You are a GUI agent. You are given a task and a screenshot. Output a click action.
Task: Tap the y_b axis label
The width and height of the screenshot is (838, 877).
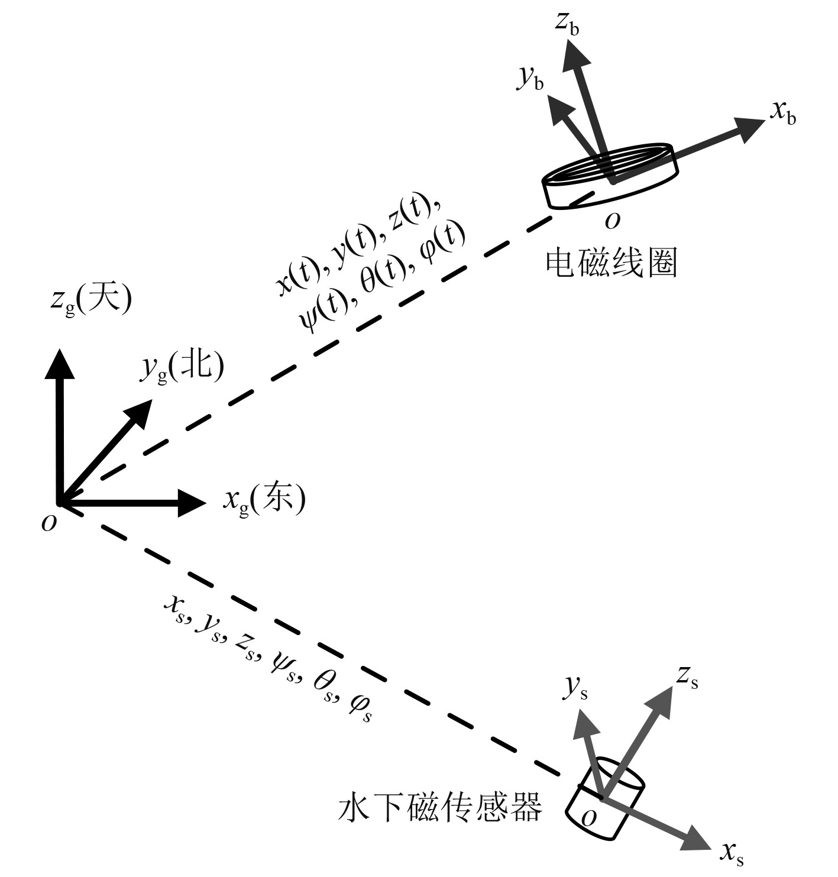tap(530, 79)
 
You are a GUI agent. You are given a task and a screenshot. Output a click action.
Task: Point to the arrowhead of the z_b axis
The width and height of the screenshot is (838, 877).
tap(575, 58)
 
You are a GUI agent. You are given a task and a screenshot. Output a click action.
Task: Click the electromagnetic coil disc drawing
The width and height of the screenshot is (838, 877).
tap(610, 175)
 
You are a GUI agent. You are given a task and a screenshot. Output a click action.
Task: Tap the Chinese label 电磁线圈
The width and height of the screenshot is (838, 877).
tap(611, 263)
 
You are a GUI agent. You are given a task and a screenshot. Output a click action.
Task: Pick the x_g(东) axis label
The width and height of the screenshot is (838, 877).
tap(264, 500)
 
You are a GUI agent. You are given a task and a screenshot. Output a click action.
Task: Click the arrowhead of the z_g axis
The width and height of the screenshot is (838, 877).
tap(60, 363)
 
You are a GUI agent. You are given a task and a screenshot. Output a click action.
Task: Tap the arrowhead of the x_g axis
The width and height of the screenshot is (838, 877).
tap(192, 503)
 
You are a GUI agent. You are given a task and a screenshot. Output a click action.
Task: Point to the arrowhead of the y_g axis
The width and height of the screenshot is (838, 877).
tap(141, 412)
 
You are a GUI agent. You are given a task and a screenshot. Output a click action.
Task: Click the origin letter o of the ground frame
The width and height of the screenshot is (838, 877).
tap(50, 523)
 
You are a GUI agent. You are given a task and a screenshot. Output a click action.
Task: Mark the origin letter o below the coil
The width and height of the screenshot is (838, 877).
tap(613, 221)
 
